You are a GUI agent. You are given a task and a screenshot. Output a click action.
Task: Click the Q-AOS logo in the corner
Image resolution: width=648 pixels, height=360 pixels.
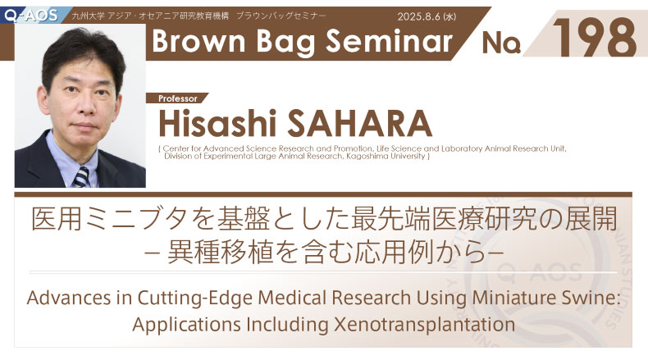(x=30, y=15)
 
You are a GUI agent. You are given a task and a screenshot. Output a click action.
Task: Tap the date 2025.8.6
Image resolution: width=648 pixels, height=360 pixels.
(x=418, y=16)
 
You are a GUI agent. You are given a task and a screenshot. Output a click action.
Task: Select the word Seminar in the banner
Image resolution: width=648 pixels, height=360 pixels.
(x=390, y=41)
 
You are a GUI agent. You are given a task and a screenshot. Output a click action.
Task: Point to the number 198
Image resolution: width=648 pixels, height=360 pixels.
(x=595, y=38)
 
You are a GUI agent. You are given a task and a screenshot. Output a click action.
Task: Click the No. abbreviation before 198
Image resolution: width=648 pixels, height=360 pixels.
(x=501, y=43)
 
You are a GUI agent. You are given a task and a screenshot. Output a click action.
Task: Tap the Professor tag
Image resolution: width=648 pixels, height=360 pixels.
(x=178, y=98)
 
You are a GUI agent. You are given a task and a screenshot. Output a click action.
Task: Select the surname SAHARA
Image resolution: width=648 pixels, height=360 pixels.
(x=359, y=123)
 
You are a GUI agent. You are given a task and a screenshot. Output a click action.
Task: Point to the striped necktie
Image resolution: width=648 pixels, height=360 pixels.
(x=81, y=177)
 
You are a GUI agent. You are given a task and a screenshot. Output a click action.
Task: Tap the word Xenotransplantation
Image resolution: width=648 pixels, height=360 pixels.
(x=424, y=325)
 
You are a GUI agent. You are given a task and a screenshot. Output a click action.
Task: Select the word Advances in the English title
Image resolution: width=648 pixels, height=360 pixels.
(x=69, y=298)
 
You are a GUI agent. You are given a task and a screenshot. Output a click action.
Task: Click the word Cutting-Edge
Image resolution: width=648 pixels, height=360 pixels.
(x=195, y=298)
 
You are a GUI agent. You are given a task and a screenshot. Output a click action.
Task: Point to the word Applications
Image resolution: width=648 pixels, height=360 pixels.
(x=186, y=326)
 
